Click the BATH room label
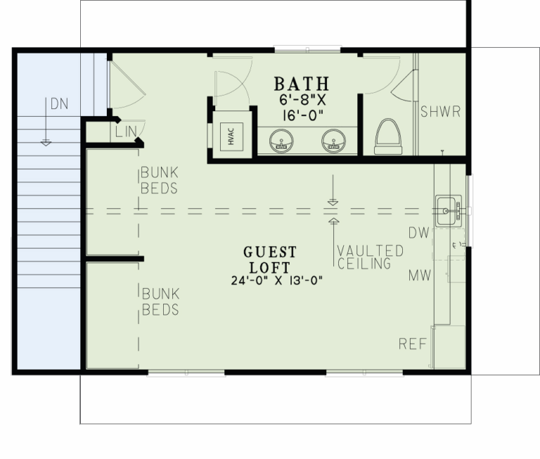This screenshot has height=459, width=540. tap(301, 84)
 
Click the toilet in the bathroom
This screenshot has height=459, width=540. tap(387, 136)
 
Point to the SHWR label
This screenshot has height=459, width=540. tap(440, 112)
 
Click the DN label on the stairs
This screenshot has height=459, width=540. tap(59, 104)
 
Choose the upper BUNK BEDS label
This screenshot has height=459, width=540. tap(158, 180)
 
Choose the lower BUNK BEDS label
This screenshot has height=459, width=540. tap(160, 301)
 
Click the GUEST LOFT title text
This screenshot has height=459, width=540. tap(270, 260)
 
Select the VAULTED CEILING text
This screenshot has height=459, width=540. tap(370, 258)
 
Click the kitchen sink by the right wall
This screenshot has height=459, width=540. tap(448, 210)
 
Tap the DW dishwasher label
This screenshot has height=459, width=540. tap(419, 232)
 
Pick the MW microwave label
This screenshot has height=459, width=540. tap(420, 276)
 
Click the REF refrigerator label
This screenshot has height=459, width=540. tap(413, 344)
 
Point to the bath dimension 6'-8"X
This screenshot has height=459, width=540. tap(301, 101)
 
